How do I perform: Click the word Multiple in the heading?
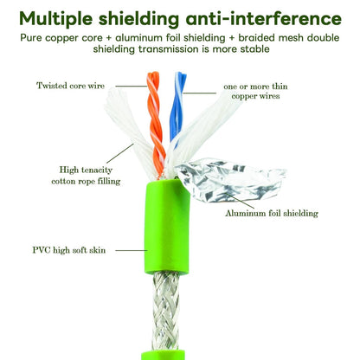(56, 19)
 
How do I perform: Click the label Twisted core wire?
(70, 86)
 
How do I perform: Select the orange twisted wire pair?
(155, 124)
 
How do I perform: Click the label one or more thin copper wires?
(255, 91)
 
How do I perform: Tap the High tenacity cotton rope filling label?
(86, 176)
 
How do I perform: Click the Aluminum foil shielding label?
(272, 214)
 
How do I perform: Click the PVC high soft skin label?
(69, 250)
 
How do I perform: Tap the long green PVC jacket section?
(167, 227)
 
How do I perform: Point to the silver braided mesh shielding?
(165, 311)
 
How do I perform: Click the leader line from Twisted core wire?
(132, 86)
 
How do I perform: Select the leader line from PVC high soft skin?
(132, 250)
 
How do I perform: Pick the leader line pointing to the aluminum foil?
(240, 201)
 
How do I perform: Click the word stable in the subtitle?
(255, 49)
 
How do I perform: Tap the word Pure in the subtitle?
(31, 38)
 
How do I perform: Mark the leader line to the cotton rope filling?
(120, 153)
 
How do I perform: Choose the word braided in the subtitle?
(256, 38)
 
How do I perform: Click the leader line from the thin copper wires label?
(200, 93)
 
